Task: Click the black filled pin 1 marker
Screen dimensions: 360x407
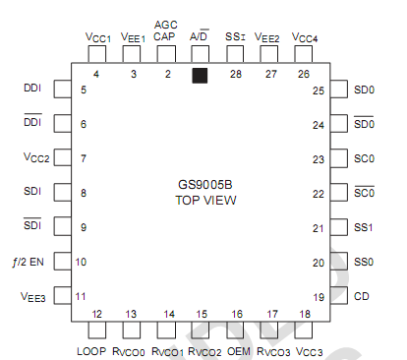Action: tap(200, 75)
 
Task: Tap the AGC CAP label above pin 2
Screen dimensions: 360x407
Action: tap(167, 30)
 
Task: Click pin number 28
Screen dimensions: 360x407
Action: tap(235, 74)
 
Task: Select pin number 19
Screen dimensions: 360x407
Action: tap(319, 296)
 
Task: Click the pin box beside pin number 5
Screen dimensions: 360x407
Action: tap(60, 90)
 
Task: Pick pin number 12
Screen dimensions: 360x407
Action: tap(97, 314)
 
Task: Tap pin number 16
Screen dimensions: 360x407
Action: tap(237, 314)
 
